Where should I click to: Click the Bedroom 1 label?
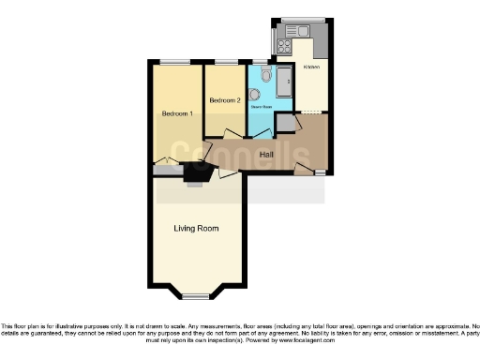[177, 113]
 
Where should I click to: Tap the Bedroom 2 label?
[225, 100]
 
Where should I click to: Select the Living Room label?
[196, 228]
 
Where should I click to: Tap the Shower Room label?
[260, 107]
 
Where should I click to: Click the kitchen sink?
[303, 31]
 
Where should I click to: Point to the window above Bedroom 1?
[172, 62]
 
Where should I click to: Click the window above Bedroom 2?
[225, 62]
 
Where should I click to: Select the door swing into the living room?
[226, 173]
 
